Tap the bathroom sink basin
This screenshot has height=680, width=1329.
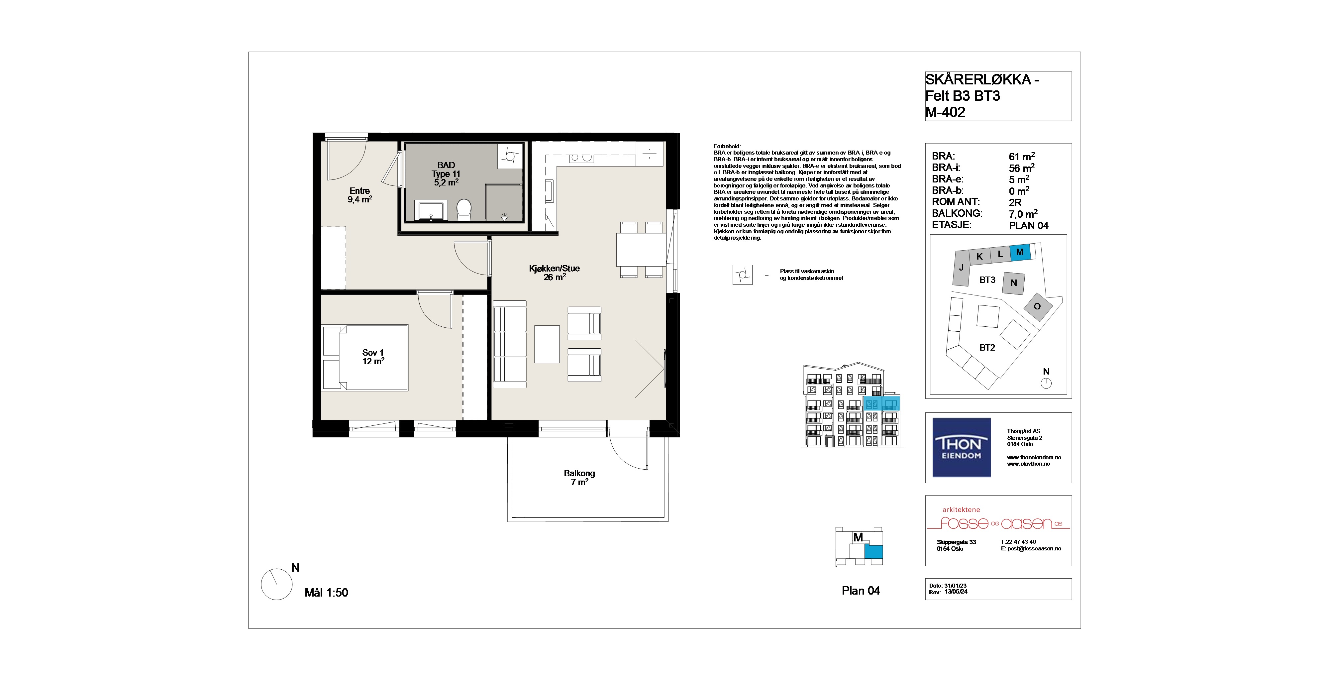[x=430, y=211]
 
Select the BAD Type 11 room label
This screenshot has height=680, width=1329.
[x=446, y=174]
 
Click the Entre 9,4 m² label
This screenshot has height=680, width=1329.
[x=359, y=195]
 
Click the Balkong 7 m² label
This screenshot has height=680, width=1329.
[x=579, y=478]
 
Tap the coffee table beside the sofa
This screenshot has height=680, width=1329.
[x=547, y=344]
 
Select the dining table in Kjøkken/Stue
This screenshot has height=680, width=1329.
[x=641, y=250]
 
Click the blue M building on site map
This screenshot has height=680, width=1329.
[x=1020, y=252]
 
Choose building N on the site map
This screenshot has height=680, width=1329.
[x=1014, y=283]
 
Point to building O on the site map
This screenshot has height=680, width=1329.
[x=1037, y=306]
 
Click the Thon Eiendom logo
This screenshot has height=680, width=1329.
[x=961, y=447]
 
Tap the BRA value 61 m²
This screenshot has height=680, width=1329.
[x=1022, y=156]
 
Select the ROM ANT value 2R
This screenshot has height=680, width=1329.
[x=1015, y=203]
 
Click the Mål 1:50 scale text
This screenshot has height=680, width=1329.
[x=326, y=593]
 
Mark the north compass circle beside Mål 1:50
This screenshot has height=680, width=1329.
[x=277, y=585]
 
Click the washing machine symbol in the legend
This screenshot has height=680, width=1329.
[x=742, y=275]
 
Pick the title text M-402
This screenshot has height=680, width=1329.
[x=945, y=112]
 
